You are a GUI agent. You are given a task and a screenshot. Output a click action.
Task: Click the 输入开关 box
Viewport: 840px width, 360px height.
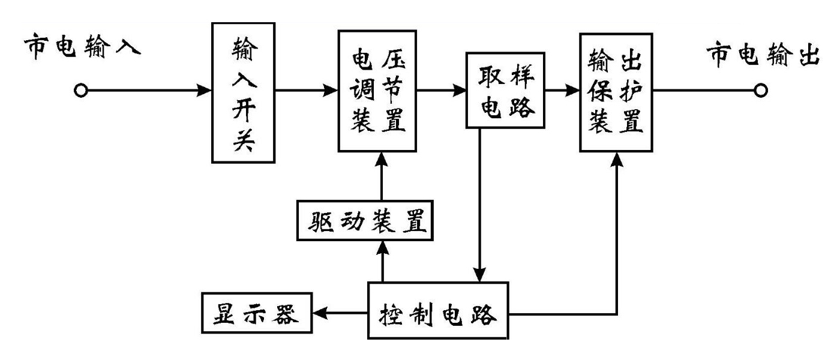243,94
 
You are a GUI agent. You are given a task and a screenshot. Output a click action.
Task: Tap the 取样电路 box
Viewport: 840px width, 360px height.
506,91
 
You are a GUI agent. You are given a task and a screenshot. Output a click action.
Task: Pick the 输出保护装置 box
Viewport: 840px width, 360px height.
617,92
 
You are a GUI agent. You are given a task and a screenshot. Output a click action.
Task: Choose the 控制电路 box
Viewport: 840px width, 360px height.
438,314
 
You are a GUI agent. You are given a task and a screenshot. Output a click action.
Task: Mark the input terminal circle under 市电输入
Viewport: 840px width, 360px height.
81,91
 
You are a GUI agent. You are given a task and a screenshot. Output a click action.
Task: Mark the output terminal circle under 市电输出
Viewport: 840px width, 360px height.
760,91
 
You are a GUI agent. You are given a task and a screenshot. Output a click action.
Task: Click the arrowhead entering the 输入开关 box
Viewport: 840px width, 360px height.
205,91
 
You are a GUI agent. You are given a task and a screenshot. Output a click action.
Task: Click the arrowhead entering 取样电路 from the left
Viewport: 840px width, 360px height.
460,91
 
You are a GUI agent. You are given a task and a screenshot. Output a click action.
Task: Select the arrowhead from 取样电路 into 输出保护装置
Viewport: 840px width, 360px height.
573,91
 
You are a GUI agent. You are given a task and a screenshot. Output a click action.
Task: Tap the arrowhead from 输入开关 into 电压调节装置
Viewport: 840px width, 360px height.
331,91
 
